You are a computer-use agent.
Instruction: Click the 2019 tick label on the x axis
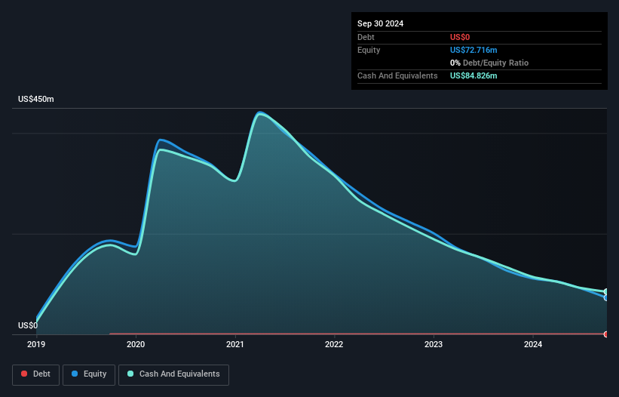[36, 345]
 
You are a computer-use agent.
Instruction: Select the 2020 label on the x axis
[136, 345]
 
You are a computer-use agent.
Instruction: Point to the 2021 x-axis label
[235, 345]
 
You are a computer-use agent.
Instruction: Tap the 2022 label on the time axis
[334, 345]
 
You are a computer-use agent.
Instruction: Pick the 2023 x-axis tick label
[434, 345]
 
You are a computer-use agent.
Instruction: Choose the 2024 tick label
[533, 345]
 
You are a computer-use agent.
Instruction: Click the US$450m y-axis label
[36, 100]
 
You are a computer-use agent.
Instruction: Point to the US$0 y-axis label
[28, 326]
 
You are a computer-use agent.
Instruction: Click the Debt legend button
[35, 374]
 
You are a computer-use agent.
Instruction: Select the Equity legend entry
[89, 374]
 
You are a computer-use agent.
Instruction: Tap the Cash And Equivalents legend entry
[173, 374]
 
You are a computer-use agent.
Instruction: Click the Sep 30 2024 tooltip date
[380, 23]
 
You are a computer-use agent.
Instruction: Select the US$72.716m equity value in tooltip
[473, 50]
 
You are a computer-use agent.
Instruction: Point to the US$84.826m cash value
[473, 75]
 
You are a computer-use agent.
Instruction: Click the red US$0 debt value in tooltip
[460, 37]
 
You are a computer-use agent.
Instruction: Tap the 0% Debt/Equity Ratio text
[489, 63]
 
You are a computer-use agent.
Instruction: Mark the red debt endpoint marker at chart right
[606, 334]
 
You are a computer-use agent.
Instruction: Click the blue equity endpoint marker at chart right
[606, 297]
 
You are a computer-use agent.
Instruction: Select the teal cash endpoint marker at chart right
[606, 292]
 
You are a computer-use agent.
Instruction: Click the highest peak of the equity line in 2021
[260, 112]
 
